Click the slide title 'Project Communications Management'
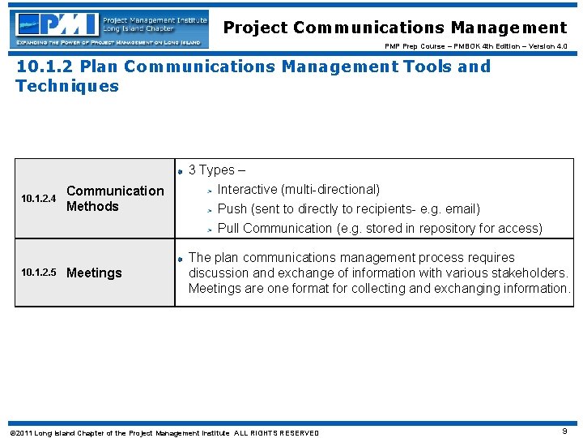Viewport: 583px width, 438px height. pyautogui.click(x=395, y=28)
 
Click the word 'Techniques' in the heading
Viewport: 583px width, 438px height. pyautogui.click(x=67, y=86)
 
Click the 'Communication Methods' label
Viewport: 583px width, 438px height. pyautogui.click(x=114, y=199)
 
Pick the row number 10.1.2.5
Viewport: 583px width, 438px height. pyautogui.click(x=38, y=273)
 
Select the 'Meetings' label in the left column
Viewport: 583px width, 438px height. pyautogui.click(x=94, y=273)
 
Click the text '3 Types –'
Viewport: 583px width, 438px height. pyautogui.click(x=216, y=170)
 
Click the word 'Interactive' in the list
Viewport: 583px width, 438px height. pyautogui.click(x=247, y=190)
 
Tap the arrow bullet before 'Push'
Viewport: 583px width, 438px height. pyautogui.click(x=208, y=210)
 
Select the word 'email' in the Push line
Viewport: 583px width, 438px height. pyautogui.click(x=460, y=209)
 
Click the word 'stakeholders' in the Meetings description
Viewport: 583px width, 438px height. pyautogui.click(x=530, y=273)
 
